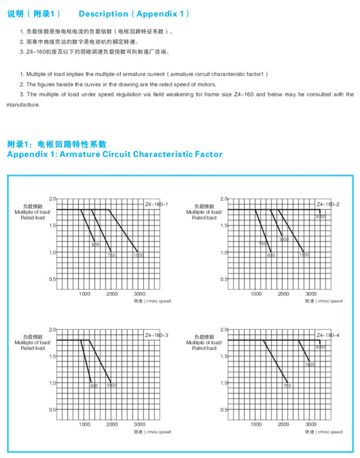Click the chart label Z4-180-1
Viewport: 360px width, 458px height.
coord(157,205)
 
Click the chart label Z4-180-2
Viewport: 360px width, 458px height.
coord(328,205)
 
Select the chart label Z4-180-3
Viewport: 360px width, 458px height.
coord(157,336)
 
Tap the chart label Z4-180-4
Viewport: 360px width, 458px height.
coord(328,336)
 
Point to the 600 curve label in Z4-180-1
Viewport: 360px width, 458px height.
coord(96,244)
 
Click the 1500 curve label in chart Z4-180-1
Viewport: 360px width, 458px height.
coord(138,255)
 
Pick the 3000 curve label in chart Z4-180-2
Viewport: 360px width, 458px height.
coord(320,217)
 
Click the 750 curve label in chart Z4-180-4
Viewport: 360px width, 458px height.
coord(287,385)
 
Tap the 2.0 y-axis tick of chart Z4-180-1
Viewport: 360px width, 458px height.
coord(51,198)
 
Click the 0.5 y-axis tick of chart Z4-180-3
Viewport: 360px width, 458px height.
coord(51,410)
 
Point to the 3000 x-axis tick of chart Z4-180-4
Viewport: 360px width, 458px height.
coord(311,425)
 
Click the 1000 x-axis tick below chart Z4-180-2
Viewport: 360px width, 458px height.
coord(256,294)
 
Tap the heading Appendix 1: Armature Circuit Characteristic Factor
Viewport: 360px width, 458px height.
coord(114,154)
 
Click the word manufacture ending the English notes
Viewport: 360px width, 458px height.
coord(23,105)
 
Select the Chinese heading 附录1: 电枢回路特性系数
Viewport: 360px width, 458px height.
coord(57,144)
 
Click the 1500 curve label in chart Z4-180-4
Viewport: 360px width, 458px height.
coord(310,364)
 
